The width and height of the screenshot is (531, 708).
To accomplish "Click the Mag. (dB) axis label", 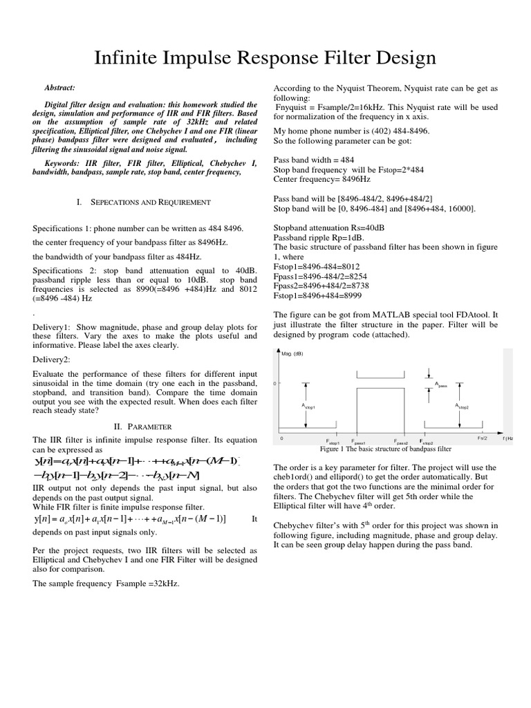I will point(293,354).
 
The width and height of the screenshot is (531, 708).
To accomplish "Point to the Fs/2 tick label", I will point(482,438).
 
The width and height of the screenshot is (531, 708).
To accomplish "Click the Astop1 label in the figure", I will point(308,407).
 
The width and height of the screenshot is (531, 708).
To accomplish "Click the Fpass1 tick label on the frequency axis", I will point(357,441).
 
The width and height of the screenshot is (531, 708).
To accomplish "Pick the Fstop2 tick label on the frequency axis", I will point(425,441).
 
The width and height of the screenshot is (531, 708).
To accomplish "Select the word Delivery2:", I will point(50,360).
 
